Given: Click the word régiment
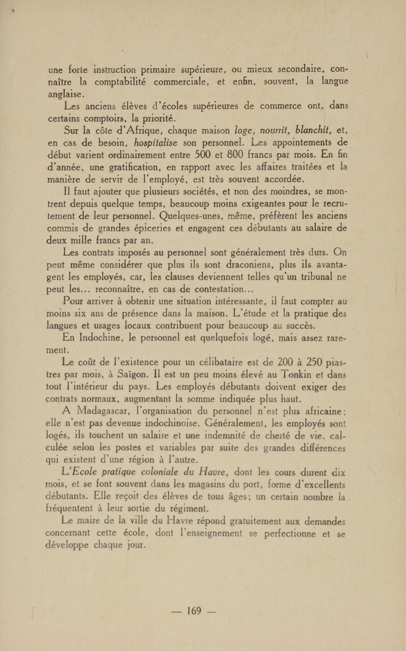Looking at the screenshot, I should click(189, 509).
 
